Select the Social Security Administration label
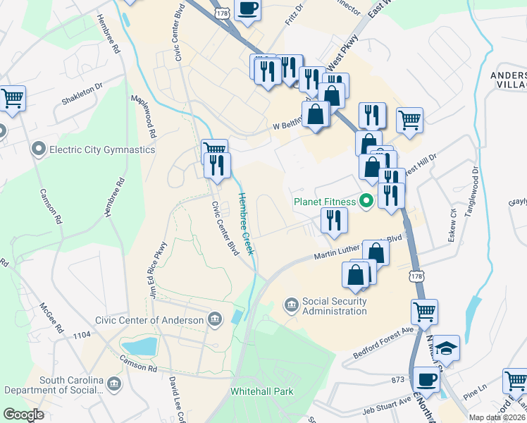[334, 306]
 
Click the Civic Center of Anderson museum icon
[215, 320]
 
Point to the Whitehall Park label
[261, 391]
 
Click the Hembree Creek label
[245, 224]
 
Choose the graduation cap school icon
[446, 348]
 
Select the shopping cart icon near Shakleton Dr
[13, 99]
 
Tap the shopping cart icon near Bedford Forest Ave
[424, 311]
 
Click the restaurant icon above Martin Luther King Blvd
[334, 220]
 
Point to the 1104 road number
[81, 336]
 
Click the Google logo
[23, 415]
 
